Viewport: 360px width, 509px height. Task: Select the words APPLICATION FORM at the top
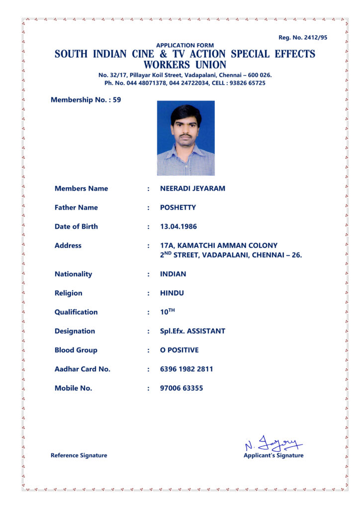tap(185, 45)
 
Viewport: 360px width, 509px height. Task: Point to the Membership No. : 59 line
tap(86, 100)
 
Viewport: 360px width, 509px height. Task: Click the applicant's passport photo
tap(186, 138)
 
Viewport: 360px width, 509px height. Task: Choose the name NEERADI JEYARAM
tap(192, 188)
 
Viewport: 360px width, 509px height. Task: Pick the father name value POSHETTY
tap(178, 207)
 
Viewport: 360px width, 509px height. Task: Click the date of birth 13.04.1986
tap(179, 227)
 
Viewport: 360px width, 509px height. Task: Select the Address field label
tap(68, 246)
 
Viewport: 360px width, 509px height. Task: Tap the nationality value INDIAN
tap(173, 274)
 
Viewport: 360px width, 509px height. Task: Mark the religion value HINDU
tap(172, 293)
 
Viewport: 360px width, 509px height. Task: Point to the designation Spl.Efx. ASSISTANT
tap(192, 331)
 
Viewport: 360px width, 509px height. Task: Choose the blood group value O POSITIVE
tap(179, 350)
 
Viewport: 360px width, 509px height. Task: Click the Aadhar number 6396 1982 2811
tap(186, 369)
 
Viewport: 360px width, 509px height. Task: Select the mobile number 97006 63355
tap(181, 388)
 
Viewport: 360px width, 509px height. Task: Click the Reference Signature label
tap(79, 455)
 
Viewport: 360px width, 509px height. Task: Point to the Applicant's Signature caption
tap(273, 455)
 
